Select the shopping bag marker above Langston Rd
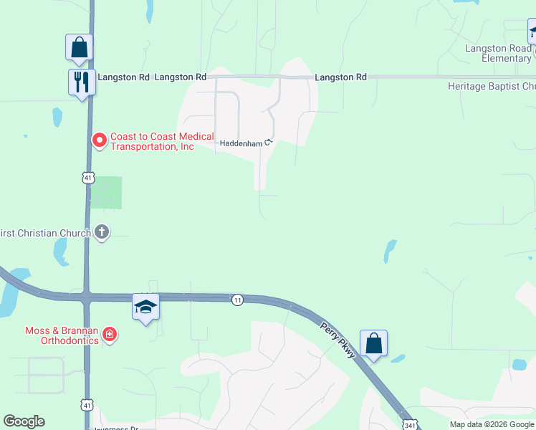click(79, 47)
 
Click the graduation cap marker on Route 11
click(145, 307)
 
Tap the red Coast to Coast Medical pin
click(100, 140)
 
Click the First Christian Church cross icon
click(102, 231)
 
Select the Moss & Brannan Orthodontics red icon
click(109, 334)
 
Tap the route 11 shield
click(237, 300)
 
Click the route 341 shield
click(408, 424)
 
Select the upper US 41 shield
click(87, 176)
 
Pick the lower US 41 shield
click(86, 406)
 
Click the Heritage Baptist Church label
click(491, 86)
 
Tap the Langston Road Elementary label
click(497, 53)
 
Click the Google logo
click(24, 421)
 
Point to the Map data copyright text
click(492, 424)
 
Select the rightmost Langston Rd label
click(340, 77)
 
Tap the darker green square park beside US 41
click(106, 192)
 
